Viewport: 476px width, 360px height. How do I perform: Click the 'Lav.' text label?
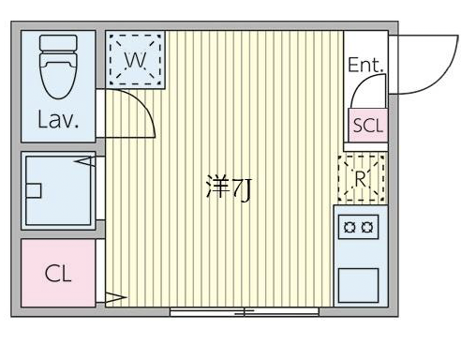[x=58, y=120]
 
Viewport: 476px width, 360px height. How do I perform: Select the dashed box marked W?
[x=135, y=60]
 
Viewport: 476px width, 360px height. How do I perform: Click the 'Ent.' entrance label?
[x=365, y=66]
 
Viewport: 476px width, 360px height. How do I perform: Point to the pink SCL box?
[x=367, y=126]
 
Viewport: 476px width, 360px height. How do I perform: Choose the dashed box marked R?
[x=361, y=177]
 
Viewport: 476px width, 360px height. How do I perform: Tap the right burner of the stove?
[x=369, y=226]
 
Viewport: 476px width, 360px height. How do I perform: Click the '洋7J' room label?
[x=228, y=187]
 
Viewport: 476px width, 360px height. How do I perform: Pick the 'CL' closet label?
[x=58, y=275]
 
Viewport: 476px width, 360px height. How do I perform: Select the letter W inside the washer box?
[x=135, y=60]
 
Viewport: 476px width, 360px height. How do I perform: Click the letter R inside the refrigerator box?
[x=361, y=177]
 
